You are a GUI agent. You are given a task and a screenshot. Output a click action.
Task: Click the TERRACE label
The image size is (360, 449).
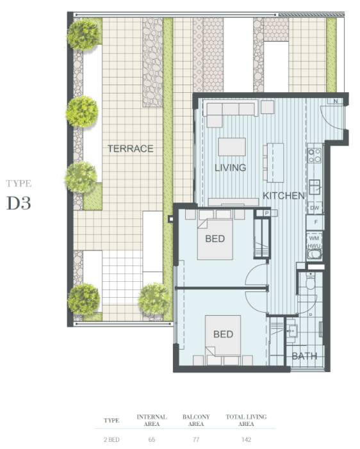click(x=130, y=149)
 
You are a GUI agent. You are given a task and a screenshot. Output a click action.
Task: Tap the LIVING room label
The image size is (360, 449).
click(x=231, y=168)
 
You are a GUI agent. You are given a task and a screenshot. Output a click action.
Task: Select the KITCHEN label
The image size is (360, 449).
click(x=284, y=196)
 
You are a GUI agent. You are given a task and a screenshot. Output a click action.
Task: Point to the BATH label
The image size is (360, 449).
click(x=304, y=356)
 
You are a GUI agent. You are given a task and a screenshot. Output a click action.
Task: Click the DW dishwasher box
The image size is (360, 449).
click(x=315, y=208)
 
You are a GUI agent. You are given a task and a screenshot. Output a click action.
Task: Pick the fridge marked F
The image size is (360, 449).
click(x=315, y=222)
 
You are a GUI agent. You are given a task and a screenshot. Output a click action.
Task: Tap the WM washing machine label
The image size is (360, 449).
click(x=314, y=238)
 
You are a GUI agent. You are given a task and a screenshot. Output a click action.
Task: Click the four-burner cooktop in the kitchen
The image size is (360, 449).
click(x=315, y=156)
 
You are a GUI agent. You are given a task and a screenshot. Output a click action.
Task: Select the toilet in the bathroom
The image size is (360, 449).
click(x=311, y=281)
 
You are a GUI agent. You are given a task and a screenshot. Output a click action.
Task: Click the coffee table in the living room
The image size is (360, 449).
click(x=232, y=147)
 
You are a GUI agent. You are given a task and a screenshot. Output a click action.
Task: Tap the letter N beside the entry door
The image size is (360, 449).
click(x=336, y=101)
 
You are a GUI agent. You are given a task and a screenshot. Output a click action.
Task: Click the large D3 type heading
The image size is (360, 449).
click(x=19, y=203)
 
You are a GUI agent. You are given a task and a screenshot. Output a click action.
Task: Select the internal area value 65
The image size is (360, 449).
click(x=152, y=439)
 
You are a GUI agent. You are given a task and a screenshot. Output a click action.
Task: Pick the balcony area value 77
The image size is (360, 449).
click(x=196, y=439)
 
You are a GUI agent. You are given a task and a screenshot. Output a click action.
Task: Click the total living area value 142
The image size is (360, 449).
click(x=247, y=439)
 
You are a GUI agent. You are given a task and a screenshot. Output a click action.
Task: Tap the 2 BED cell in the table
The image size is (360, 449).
click(x=111, y=439)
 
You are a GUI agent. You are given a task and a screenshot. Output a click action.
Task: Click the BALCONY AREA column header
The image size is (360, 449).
click(x=196, y=420)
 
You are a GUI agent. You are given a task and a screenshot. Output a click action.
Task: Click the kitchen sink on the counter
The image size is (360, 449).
click(x=315, y=186)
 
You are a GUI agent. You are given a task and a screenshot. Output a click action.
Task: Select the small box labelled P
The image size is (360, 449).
click(x=266, y=213)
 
